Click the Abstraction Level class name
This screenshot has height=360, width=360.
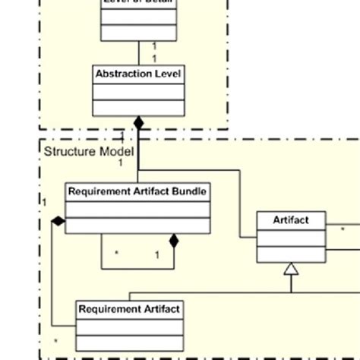[137, 74]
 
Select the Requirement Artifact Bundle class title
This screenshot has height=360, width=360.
[137, 191]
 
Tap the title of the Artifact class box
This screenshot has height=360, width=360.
[291, 220]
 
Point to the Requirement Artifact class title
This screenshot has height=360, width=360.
[129, 309]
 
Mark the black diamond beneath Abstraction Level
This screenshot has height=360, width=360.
[138, 122]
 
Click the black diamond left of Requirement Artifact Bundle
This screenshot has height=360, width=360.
[58, 221]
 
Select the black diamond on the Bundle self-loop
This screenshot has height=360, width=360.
[173, 242]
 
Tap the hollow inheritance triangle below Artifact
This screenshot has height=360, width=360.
[291, 268]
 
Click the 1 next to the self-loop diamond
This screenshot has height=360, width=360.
[157, 255]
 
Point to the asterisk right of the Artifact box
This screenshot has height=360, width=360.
[343, 228]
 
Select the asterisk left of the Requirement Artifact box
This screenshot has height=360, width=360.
[55, 341]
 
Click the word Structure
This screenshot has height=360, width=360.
[67, 151]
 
